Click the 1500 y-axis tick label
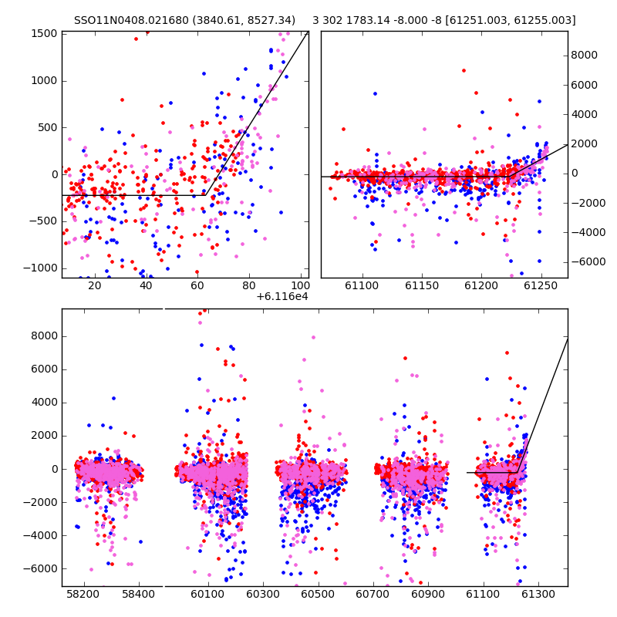[44, 34]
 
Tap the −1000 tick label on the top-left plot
[41, 268]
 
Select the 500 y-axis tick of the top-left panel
[47, 128]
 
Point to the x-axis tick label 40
[146, 285]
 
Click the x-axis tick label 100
[301, 285]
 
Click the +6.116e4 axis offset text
[282, 296]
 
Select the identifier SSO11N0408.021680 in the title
[131, 20]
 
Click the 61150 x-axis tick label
[422, 285]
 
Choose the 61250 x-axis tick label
[541, 285]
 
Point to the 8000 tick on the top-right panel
[585, 55]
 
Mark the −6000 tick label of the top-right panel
[588, 261]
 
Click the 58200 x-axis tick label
[83, 594]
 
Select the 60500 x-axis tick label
[318, 594]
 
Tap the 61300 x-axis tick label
[538, 594]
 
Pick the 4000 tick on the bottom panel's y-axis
[45, 403]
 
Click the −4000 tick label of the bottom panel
[41, 535]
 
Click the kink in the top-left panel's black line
[205, 195]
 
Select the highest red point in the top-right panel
[464, 71]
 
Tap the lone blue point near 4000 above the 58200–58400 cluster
[113, 399]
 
